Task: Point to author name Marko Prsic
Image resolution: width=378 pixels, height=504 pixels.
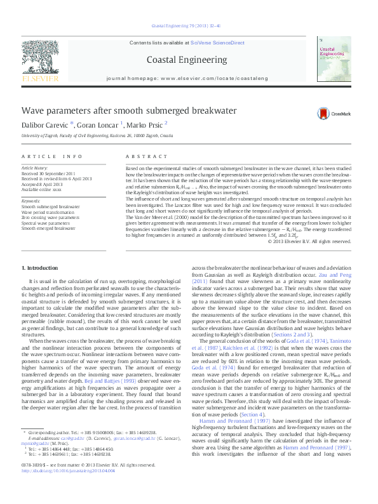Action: (145, 125)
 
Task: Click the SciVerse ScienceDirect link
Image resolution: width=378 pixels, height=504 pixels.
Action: (220, 43)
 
